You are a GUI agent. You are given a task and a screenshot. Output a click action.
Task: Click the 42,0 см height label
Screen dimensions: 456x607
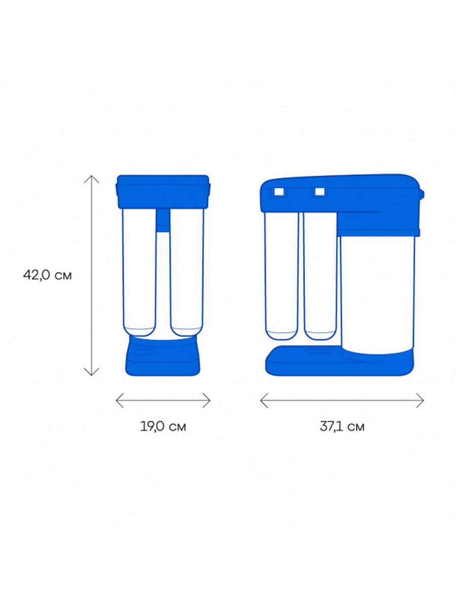(x=47, y=275)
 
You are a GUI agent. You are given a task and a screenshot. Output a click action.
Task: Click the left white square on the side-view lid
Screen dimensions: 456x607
(x=279, y=192)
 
